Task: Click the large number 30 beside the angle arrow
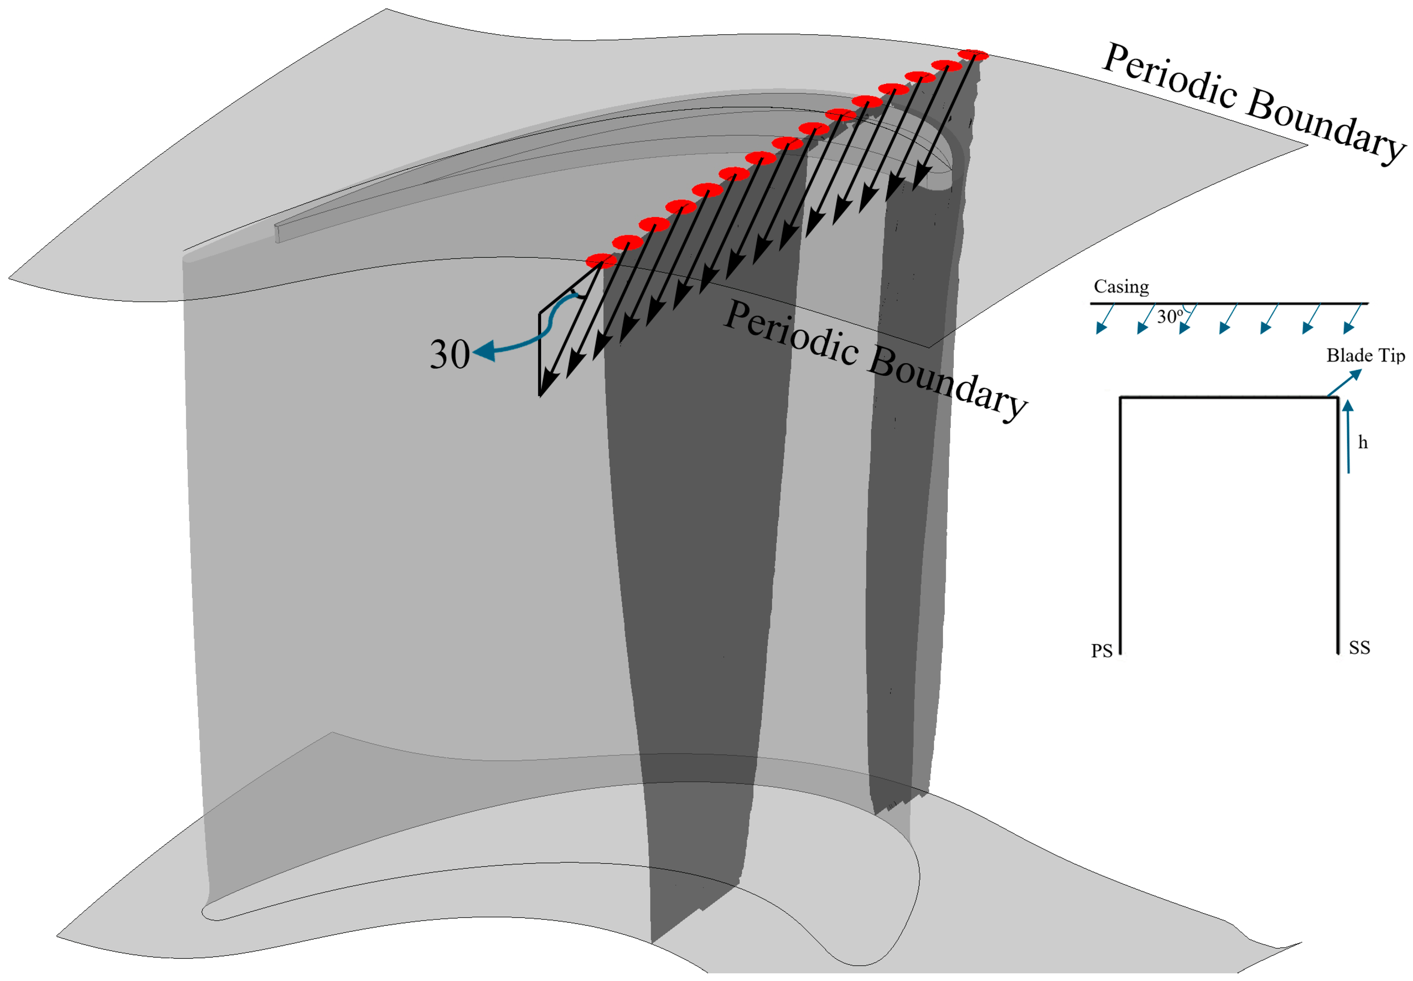point(449,355)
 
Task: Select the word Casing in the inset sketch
point(1121,286)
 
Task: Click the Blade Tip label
point(1365,355)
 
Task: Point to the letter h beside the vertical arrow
point(1362,442)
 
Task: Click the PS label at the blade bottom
point(1101,651)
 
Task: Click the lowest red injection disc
point(601,261)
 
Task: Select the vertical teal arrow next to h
point(1348,436)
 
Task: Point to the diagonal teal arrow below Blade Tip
point(1344,382)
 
